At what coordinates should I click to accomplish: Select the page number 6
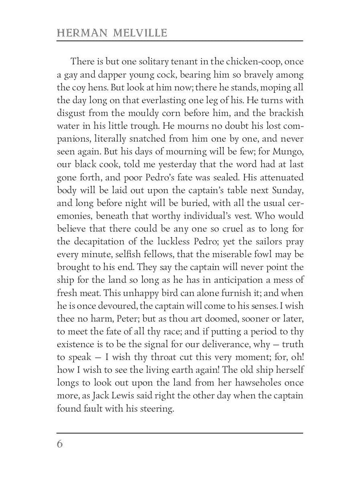[x=60, y=444]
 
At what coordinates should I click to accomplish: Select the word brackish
[x=286, y=113]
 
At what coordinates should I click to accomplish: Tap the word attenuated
[x=279, y=177]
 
